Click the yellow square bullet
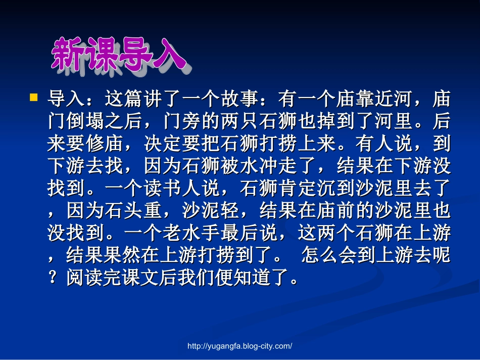tap(34, 96)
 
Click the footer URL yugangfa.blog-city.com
tap(240, 346)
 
